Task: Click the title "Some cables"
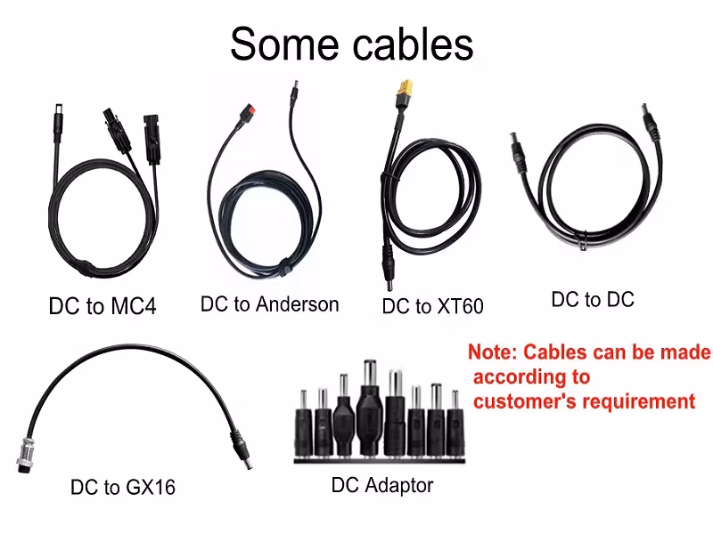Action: pyautogui.click(x=351, y=44)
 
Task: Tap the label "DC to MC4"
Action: pyautogui.click(x=102, y=307)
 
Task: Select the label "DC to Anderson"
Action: pyautogui.click(x=269, y=304)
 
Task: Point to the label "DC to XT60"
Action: pyautogui.click(x=432, y=307)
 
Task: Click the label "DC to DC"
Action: pyautogui.click(x=593, y=300)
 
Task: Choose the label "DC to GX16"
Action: pyautogui.click(x=123, y=487)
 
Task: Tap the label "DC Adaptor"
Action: pyautogui.click(x=382, y=486)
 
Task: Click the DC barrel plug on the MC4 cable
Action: pyautogui.click(x=54, y=121)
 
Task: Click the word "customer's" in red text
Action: pyautogui.click(x=525, y=400)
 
